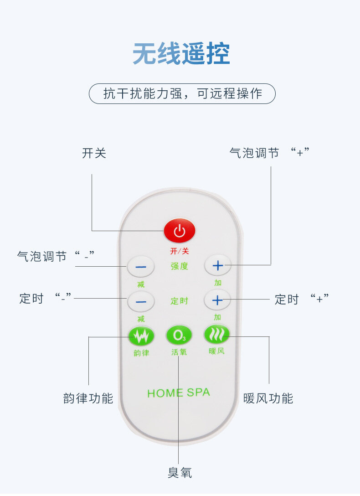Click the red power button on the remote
(x=180, y=231)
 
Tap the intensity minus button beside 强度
(x=141, y=267)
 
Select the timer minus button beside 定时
(x=141, y=301)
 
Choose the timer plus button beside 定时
(x=217, y=300)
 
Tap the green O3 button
(x=179, y=336)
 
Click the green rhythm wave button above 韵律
(x=141, y=336)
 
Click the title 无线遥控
(x=181, y=54)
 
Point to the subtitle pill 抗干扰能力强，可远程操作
(x=182, y=93)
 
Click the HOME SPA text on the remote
(x=179, y=393)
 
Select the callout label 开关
(x=94, y=153)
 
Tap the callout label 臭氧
(x=180, y=473)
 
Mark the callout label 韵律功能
(x=88, y=398)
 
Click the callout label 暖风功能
(x=268, y=398)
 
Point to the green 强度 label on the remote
(x=180, y=266)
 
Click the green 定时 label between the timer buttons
(x=180, y=301)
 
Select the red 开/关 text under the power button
(x=180, y=251)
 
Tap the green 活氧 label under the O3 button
(x=179, y=352)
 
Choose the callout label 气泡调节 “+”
(x=269, y=153)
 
